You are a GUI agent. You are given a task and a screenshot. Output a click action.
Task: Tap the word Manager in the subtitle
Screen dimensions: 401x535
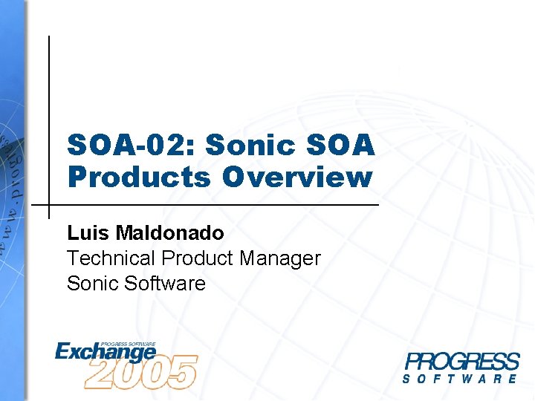[282, 258]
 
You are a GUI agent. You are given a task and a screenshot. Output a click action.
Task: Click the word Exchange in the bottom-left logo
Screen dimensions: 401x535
[104, 351]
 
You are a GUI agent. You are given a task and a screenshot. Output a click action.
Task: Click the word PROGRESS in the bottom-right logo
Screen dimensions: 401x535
[461, 362]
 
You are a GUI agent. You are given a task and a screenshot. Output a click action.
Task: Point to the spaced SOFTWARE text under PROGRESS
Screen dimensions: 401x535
[461, 379]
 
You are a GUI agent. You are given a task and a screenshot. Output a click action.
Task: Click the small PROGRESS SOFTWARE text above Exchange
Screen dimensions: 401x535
[128, 344]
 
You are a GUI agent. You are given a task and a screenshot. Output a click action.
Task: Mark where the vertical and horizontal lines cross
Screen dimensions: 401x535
[49, 204]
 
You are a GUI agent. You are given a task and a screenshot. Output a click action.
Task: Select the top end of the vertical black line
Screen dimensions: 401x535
[49, 37]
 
